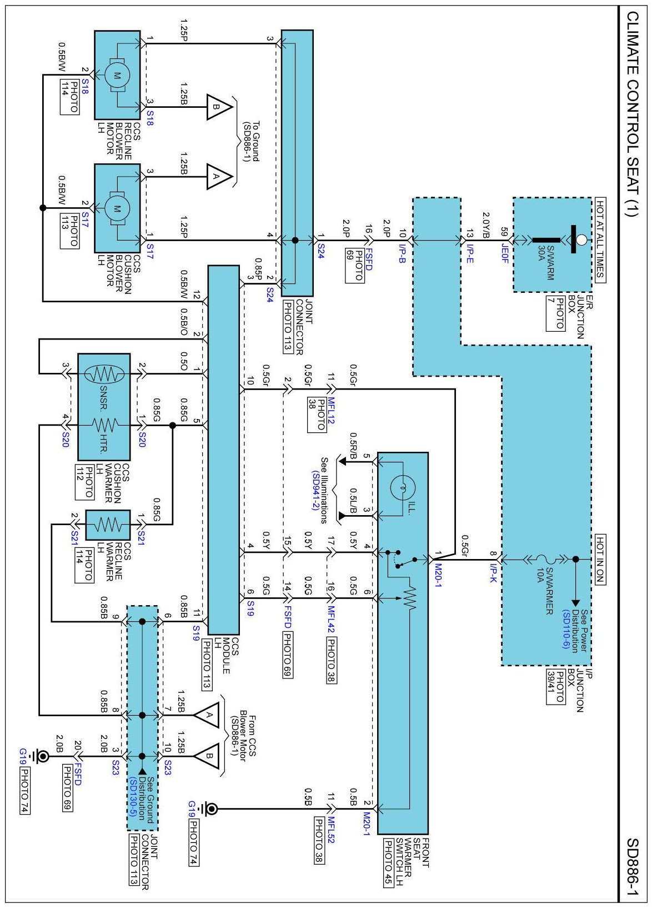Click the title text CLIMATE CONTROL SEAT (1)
633,114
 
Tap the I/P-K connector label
493,573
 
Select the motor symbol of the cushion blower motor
117,208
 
